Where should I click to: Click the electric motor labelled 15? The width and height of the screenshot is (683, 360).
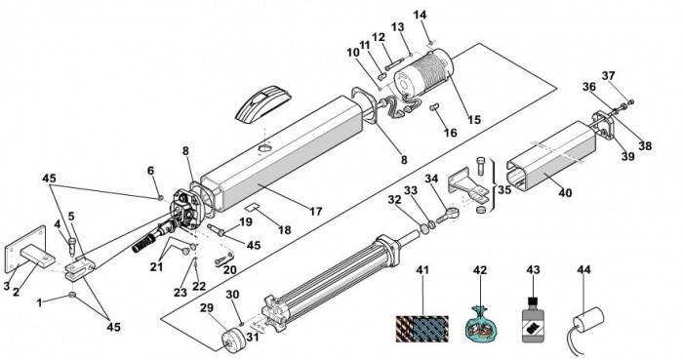423,72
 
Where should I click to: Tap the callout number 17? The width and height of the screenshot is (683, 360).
316,211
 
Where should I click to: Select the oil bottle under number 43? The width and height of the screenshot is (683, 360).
533,319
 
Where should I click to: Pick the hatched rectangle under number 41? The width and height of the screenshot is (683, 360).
422,329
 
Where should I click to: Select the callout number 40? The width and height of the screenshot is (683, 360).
565,192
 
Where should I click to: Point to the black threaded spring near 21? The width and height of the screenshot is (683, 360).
144,243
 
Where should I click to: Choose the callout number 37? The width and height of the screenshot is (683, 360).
608,76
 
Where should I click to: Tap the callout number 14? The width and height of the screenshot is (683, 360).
420,15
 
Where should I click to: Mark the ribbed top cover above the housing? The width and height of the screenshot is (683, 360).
262,105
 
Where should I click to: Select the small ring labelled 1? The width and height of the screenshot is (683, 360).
73,296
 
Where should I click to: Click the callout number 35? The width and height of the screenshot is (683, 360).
505,190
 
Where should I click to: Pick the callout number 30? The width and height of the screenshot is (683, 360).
232,295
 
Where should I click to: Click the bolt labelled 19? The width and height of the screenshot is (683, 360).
216,230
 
